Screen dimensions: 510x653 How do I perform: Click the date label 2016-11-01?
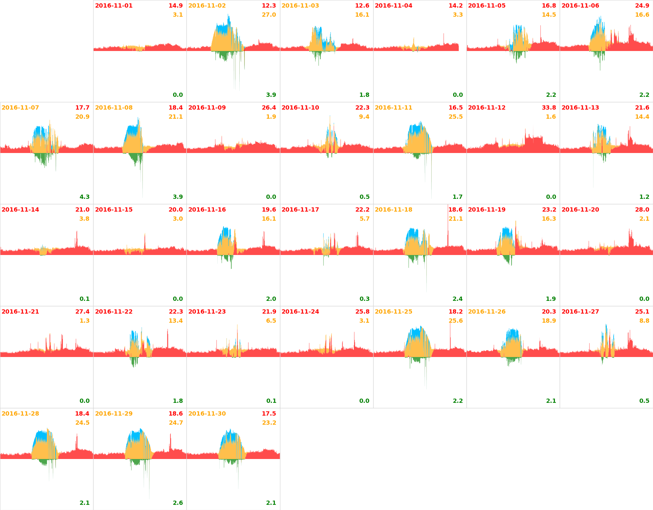point(114,6)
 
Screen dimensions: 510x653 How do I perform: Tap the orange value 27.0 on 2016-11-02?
point(269,15)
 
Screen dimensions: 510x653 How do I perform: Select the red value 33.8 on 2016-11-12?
point(549,108)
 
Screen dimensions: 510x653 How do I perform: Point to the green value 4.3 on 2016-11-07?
point(84,197)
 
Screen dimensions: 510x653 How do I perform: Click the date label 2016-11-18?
point(393,210)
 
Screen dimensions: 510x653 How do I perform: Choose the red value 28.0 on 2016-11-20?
point(642,210)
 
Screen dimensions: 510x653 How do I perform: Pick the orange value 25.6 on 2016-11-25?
point(456,321)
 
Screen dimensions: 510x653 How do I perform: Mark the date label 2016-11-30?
point(207,414)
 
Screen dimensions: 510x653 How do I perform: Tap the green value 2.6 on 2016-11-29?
point(178,503)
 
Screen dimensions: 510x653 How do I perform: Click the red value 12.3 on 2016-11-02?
point(269,6)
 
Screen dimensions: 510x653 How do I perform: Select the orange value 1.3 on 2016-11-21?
point(84,321)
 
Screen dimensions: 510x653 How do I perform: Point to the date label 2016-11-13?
point(580,108)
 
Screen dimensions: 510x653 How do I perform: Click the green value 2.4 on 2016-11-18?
point(458,299)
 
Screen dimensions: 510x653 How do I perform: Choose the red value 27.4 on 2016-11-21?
point(82,312)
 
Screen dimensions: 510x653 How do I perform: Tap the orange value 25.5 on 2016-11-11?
point(456,117)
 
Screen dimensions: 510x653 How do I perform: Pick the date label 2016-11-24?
point(300,312)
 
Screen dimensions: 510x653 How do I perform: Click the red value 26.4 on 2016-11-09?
point(269,108)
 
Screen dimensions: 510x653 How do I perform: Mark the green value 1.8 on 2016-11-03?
point(364,95)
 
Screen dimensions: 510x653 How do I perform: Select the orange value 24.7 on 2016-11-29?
point(176,423)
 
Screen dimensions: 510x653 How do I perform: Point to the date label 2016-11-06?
point(580,6)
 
